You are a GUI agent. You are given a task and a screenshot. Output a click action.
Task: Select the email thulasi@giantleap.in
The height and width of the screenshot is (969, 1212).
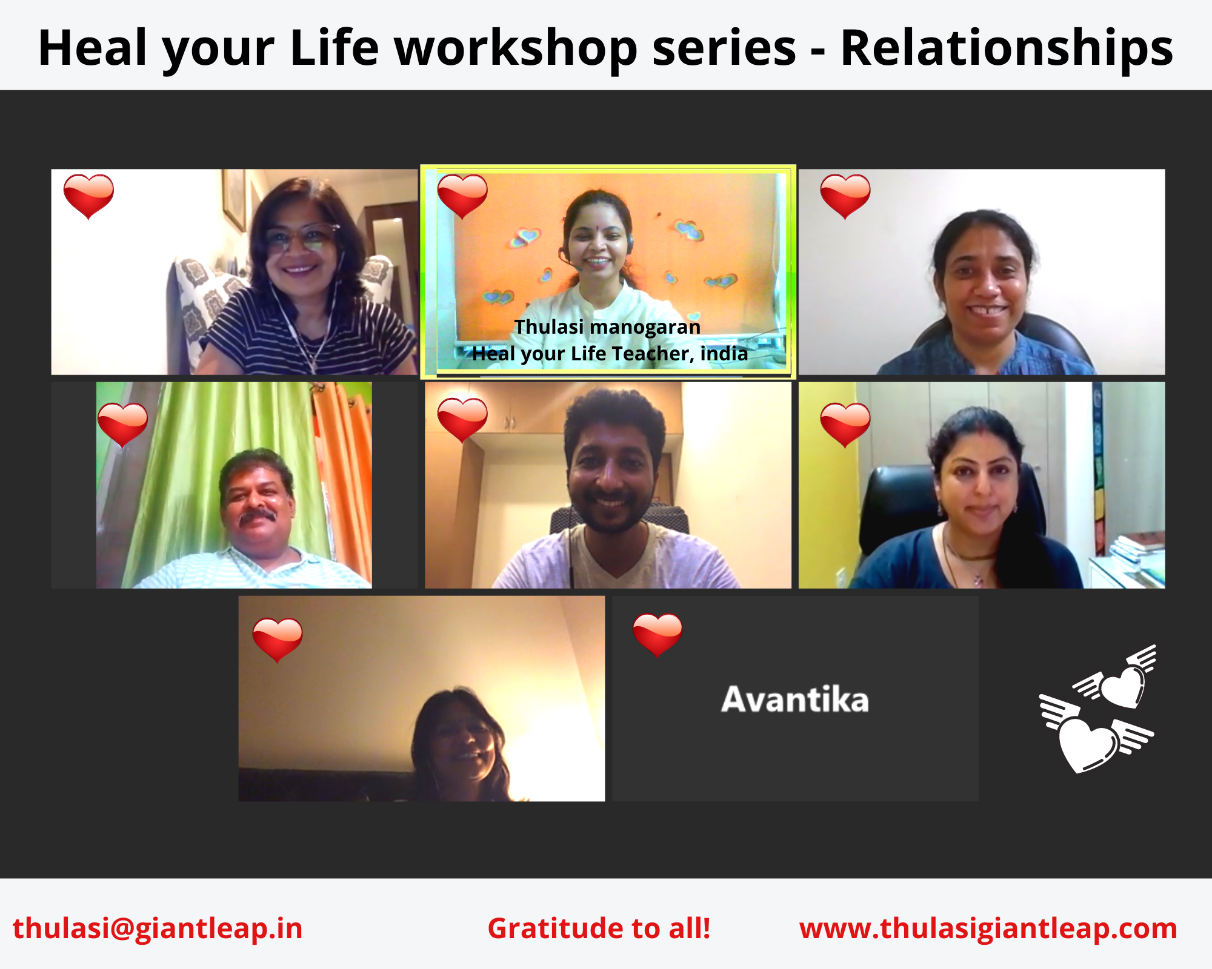pos(158,928)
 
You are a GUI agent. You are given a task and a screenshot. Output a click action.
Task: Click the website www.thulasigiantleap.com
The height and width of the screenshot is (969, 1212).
pos(988,928)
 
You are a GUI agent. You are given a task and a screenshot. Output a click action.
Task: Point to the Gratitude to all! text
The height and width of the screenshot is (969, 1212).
pos(599,928)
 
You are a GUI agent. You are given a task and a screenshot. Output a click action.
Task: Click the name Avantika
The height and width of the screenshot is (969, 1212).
pos(795,699)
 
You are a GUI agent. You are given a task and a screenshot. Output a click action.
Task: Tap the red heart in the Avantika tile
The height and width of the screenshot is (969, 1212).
pos(658,635)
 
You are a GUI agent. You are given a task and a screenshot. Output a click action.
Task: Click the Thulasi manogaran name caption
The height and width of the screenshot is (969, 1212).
pos(607,327)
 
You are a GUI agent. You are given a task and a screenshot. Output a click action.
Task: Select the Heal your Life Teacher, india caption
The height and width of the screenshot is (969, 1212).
pos(610,353)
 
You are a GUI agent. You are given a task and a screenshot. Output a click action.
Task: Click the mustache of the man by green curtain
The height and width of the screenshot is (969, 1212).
pos(258,516)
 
